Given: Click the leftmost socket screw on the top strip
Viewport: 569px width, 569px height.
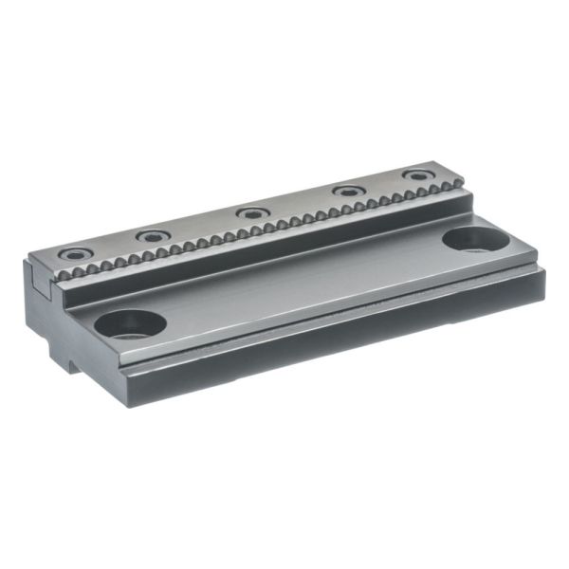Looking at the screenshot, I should point(73,254).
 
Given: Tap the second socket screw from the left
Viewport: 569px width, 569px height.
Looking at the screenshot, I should point(150,235).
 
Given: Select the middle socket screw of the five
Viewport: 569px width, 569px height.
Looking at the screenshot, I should point(251,212).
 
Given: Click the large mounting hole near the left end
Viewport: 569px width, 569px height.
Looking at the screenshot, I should point(130,324).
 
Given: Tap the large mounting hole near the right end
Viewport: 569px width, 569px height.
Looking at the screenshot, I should point(470,239).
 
